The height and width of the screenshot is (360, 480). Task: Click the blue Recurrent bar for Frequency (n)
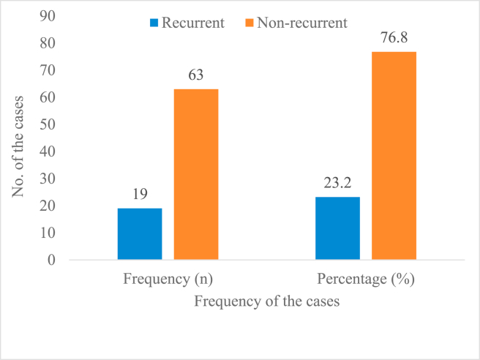pos(140,234)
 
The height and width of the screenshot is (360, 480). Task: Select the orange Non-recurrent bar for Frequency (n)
pos(196,174)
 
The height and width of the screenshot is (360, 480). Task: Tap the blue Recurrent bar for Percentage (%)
pos(337,228)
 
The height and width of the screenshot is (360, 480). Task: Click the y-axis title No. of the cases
pos(18,140)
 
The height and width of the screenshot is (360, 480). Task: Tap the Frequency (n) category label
pos(168,280)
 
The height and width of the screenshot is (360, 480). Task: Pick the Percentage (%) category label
pos(365,280)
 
